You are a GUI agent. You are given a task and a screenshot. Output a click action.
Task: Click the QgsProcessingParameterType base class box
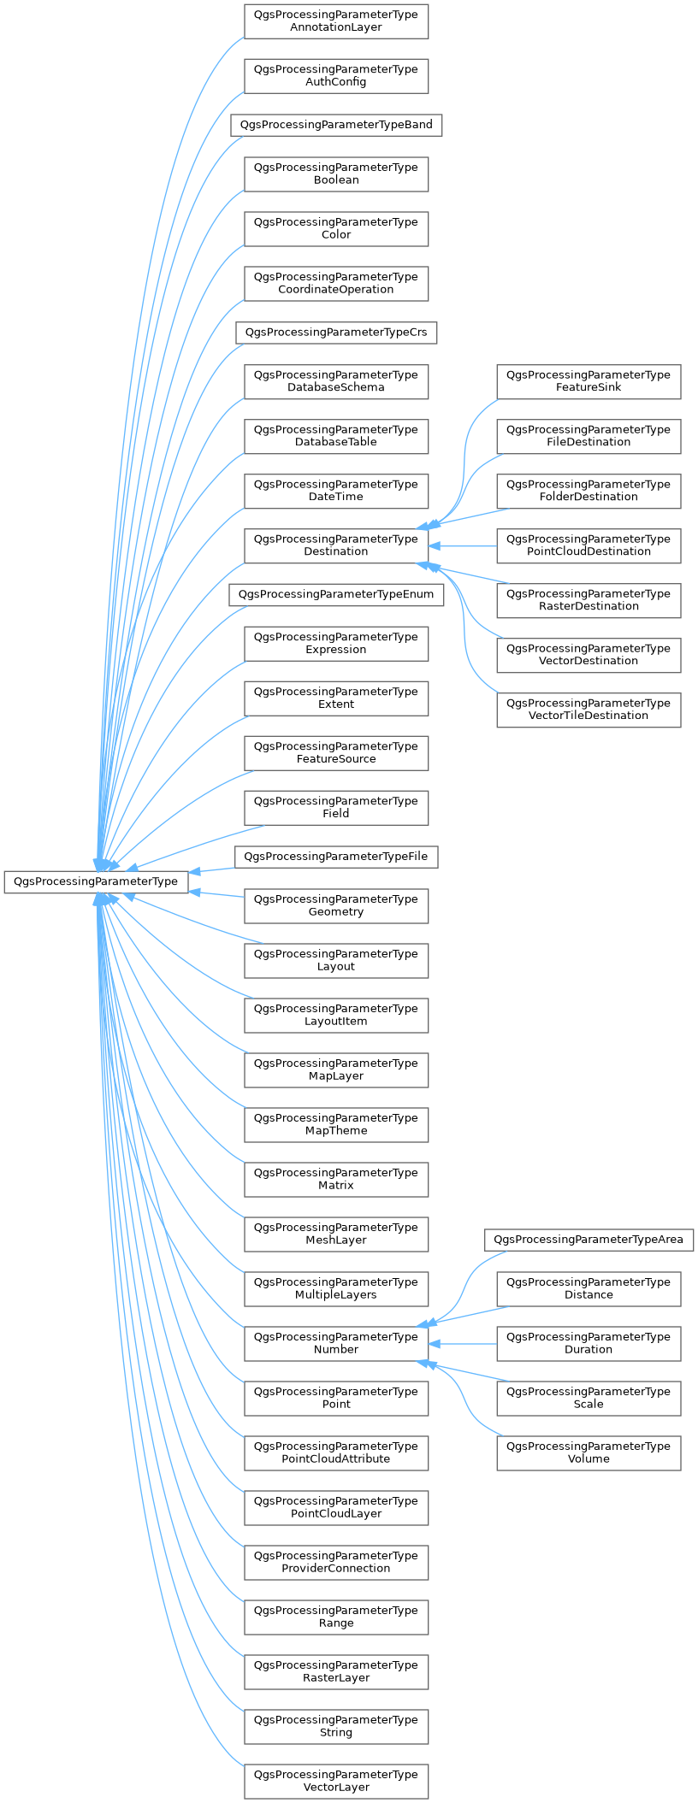[96, 881]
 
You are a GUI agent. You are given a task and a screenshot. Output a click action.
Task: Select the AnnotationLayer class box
[336, 21]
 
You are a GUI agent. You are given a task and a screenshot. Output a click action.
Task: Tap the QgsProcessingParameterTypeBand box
[336, 125]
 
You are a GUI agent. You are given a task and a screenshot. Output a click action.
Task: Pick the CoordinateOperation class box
[336, 283]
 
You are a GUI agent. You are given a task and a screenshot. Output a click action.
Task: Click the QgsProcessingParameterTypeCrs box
[336, 332]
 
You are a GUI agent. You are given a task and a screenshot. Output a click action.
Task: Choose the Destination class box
[336, 545]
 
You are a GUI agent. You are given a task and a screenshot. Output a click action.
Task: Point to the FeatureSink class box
[589, 381]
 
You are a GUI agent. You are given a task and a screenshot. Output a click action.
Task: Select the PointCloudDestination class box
[589, 545]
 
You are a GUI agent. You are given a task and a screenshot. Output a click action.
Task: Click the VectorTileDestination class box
[589, 710]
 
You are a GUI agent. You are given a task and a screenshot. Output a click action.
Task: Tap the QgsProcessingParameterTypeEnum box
[336, 594]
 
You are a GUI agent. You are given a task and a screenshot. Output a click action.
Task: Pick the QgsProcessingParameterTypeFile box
[336, 857]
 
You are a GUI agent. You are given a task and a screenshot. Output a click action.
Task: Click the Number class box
[336, 1343]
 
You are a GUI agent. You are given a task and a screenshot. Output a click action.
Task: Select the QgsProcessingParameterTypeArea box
[589, 1240]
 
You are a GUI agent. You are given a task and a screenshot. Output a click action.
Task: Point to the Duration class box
[589, 1343]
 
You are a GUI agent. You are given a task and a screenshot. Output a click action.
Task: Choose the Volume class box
[589, 1452]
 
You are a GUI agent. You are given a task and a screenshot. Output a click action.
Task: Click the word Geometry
[336, 912]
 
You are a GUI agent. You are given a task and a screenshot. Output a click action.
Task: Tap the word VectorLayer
[336, 1787]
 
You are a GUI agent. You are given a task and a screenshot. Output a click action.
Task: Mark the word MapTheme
[336, 1131]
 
